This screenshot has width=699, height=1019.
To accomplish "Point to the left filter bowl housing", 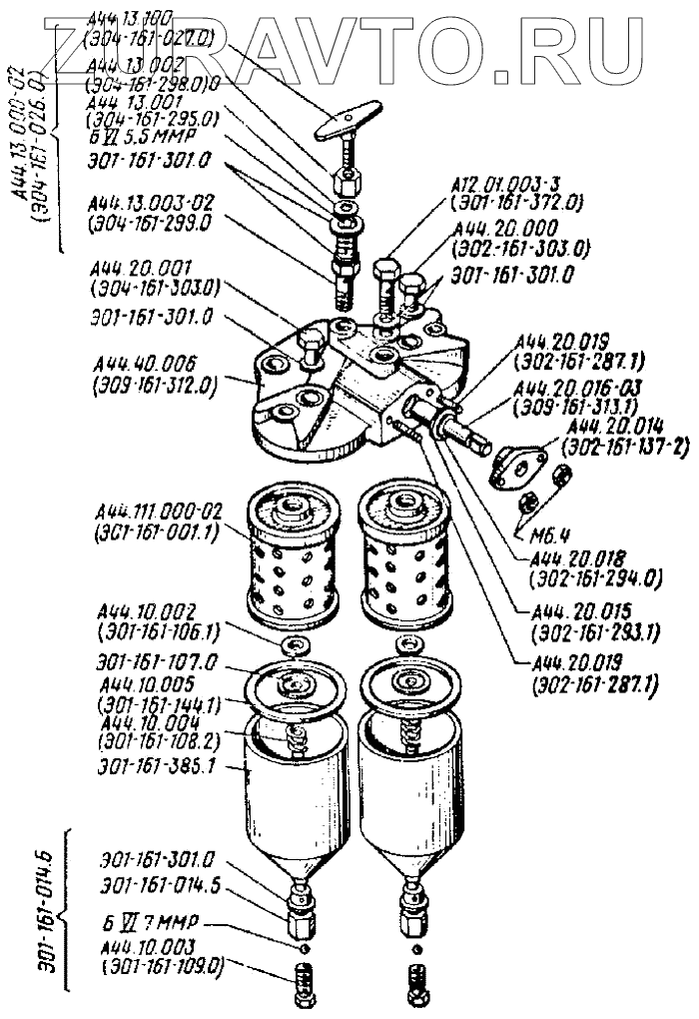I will point(298,799).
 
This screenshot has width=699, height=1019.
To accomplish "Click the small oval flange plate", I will point(522,465).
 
